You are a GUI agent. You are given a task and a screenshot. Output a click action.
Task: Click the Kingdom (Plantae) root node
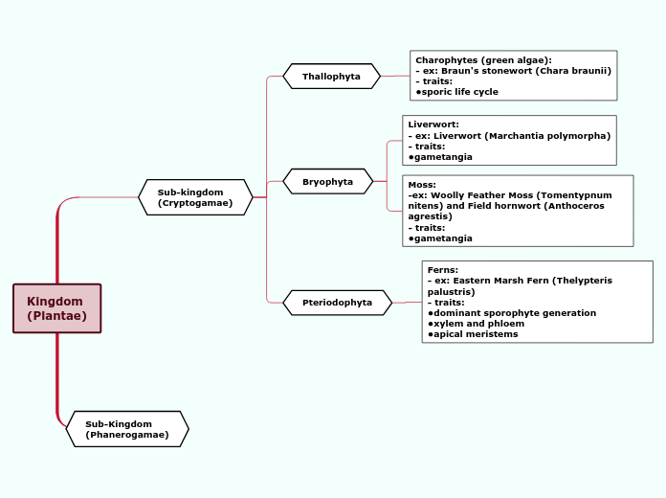56,308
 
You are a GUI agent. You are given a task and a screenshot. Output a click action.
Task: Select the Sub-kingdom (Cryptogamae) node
195,197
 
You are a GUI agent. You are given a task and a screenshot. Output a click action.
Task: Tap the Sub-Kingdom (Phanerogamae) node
127,429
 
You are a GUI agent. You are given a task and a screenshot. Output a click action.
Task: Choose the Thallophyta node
331,76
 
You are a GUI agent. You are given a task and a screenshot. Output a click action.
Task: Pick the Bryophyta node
327,181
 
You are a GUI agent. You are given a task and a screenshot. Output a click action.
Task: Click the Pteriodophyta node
337,303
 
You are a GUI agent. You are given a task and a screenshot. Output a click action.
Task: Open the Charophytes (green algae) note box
513,76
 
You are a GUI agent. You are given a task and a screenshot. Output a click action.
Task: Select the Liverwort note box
509,140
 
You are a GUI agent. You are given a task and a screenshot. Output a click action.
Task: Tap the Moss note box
518,211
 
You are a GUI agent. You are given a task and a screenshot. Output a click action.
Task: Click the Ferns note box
537,302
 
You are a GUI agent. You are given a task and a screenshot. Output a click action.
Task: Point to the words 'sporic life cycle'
459,92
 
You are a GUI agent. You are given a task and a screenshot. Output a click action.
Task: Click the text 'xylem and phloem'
478,324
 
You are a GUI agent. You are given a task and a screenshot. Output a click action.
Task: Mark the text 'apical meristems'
476,334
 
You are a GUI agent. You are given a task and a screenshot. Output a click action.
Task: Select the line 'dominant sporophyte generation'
514,313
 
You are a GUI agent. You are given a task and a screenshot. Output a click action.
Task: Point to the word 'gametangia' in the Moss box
443,238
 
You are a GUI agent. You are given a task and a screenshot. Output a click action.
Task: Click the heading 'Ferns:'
443,270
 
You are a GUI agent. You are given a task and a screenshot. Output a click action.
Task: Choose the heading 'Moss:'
422,184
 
